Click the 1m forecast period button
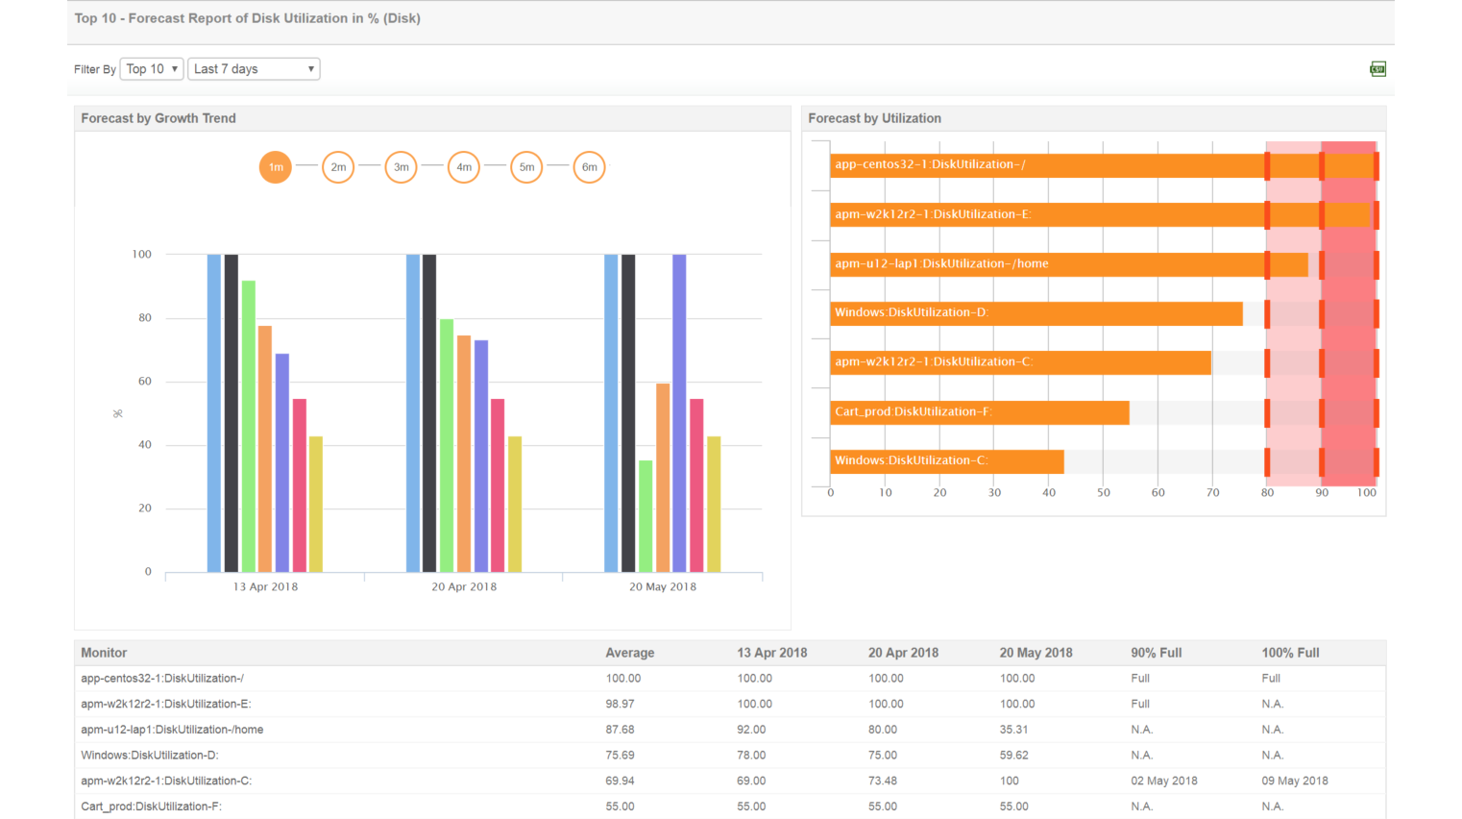276,167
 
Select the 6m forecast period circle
589,167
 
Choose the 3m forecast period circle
401,167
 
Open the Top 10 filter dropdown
152,69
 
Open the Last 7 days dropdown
254,69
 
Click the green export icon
1377,69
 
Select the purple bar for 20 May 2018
679,413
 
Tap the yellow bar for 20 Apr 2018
515,505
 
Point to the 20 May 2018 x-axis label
663,586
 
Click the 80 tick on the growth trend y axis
145,318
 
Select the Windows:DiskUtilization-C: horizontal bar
946,461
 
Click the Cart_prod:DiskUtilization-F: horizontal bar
979,412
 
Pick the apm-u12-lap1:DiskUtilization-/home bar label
941,263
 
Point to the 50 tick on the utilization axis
1104,492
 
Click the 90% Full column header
1156,653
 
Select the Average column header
629,653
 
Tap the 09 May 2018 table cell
1294,781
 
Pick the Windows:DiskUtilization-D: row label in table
149,756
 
